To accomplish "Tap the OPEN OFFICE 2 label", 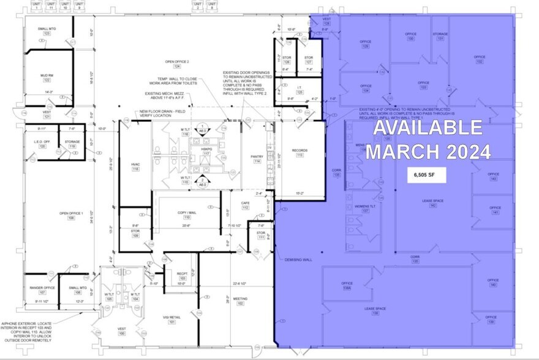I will coord(177,62).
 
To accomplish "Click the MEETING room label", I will coord(236,299).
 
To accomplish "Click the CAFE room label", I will coord(246,204).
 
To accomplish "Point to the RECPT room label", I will coord(182,274).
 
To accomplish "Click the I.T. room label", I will coord(300,88).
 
